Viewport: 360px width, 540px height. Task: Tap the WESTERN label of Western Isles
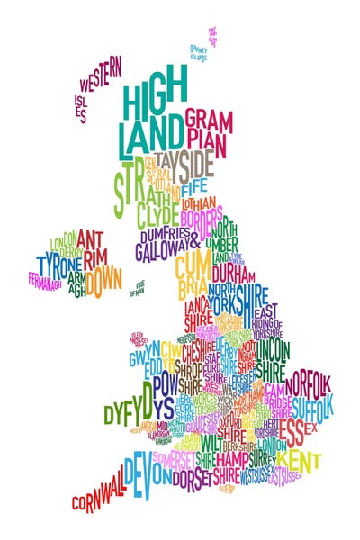pyautogui.click(x=100, y=77)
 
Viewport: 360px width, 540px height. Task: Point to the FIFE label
pyautogui.click(x=193, y=191)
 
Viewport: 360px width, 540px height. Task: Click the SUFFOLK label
pyautogui.click(x=312, y=402)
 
